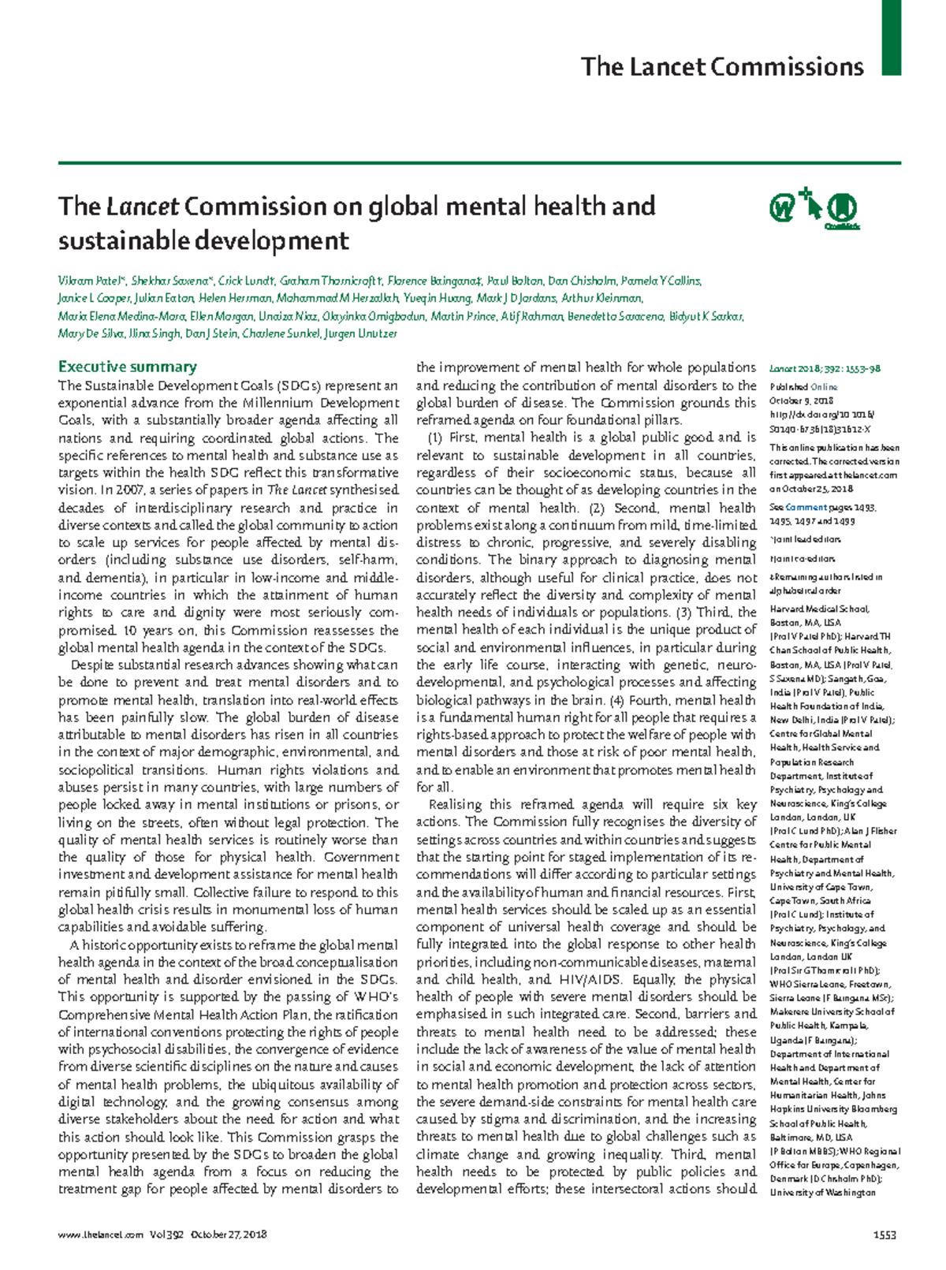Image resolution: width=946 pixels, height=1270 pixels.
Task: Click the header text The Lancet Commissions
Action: (721, 67)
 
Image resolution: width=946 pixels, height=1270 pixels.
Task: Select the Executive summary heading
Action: (127, 367)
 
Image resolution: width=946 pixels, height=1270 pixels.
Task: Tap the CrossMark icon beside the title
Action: (843, 209)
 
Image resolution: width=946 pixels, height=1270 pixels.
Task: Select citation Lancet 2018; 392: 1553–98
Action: (825, 368)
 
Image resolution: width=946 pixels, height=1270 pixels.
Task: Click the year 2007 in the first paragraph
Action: (128, 490)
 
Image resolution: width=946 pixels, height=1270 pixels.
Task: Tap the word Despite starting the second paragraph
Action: (92, 665)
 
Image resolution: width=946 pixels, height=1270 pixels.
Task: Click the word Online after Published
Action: (824, 387)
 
